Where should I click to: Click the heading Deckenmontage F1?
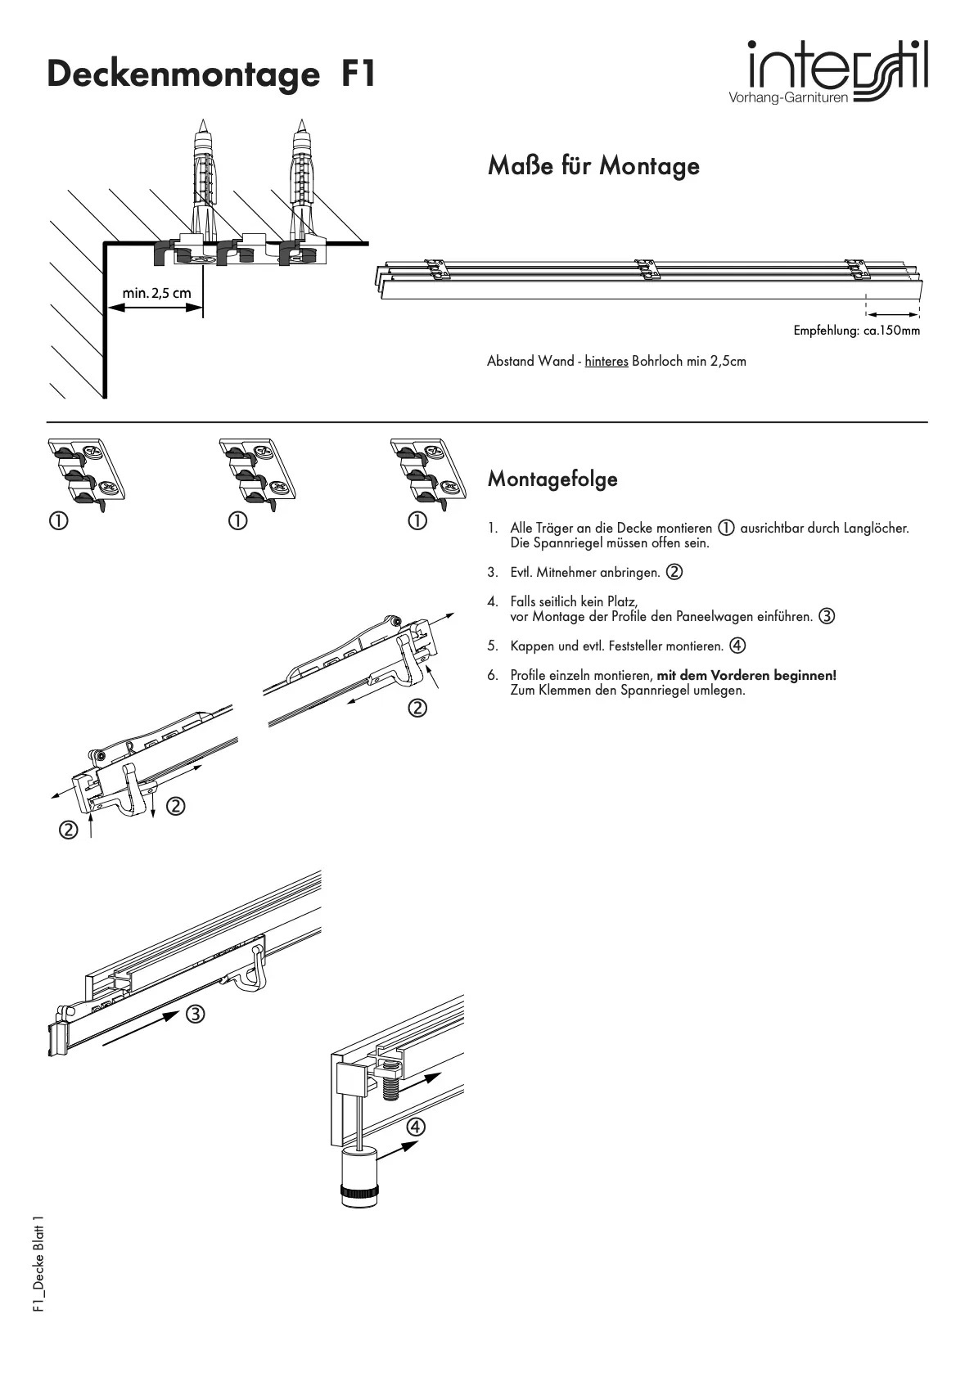211,74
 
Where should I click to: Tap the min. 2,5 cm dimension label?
157,292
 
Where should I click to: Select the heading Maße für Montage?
593,165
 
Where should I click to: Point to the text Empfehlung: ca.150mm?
856,331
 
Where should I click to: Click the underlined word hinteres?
606,361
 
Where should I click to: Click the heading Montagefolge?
552,479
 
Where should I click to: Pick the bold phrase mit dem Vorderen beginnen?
746,675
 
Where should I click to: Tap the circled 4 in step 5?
737,646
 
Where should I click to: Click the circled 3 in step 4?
827,616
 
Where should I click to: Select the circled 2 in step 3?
674,572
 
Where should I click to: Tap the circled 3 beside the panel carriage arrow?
195,1015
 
